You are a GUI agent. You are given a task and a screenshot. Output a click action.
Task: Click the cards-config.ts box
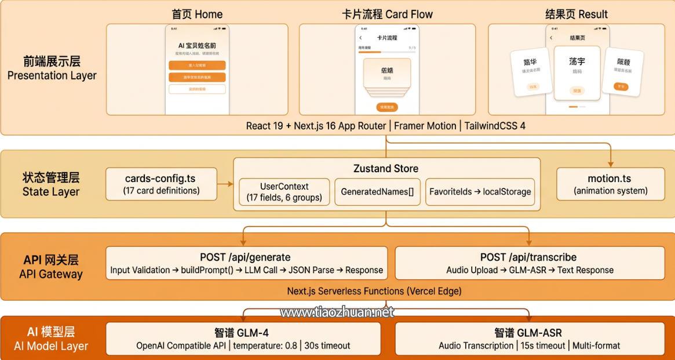tap(162, 184)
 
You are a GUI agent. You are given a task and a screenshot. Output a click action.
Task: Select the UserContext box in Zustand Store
tap(284, 192)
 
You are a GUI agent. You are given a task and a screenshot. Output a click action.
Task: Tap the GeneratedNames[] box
tap(377, 192)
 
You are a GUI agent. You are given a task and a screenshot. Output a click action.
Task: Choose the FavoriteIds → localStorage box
tap(480, 192)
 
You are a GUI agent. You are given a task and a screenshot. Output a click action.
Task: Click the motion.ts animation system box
tap(610, 184)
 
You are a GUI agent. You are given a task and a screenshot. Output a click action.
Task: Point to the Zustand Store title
tap(386, 169)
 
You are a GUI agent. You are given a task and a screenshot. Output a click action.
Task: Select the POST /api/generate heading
tap(245, 257)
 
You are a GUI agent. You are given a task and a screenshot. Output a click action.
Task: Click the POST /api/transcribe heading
tap(528, 257)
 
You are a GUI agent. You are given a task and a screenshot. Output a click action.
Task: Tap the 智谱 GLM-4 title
tap(242, 333)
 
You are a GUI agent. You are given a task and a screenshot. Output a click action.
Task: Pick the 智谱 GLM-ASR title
tap(528, 333)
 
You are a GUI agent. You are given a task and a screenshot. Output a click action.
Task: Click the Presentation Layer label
tap(52, 75)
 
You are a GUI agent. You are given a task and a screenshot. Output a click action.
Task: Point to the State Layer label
tap(51, 192)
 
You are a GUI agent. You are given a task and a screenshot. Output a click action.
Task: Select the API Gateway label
tap(51, 274)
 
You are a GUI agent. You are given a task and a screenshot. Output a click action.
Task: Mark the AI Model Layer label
tap(51, 346)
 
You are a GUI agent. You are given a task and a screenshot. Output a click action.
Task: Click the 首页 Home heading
tap(197, 14)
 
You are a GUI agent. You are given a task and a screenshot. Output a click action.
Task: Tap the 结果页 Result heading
tap(577, 14)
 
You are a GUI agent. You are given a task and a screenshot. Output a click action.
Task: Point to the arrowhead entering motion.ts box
tap(610, 164)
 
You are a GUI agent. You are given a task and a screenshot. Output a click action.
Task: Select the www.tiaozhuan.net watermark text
tap(337, 312)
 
